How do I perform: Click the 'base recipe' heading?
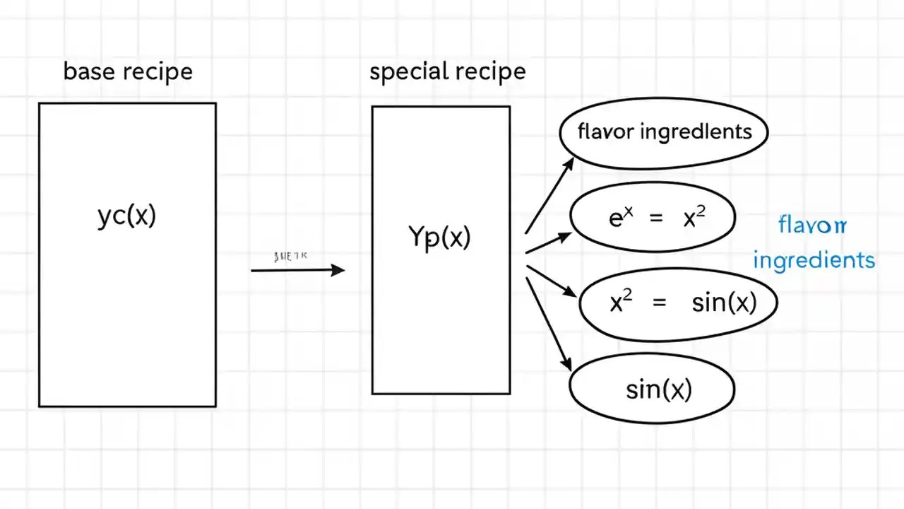128,71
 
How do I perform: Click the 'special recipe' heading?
448,72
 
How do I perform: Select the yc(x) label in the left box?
126,215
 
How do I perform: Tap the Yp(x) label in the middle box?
439,237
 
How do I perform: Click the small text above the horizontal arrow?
290,257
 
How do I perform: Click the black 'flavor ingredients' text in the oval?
664,131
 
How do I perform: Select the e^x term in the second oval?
617,218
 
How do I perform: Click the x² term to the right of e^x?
694,218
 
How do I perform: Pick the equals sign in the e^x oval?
656,219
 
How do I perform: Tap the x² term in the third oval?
621,303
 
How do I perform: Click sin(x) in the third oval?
724,303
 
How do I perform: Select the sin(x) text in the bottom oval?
659,390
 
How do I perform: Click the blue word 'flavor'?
812,226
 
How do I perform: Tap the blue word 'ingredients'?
814,260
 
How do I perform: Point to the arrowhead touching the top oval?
570,163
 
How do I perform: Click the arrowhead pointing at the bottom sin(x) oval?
566,363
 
